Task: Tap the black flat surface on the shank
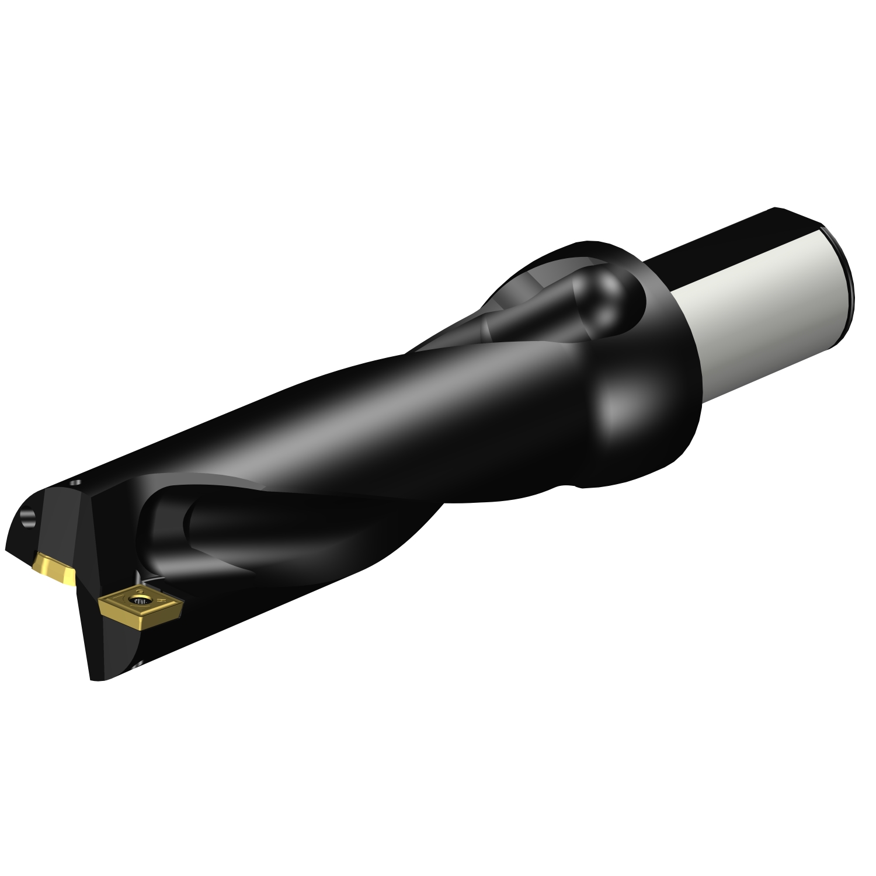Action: [724, 239]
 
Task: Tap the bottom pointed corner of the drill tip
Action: [92, 677]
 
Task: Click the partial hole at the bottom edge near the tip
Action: [138, 664]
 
